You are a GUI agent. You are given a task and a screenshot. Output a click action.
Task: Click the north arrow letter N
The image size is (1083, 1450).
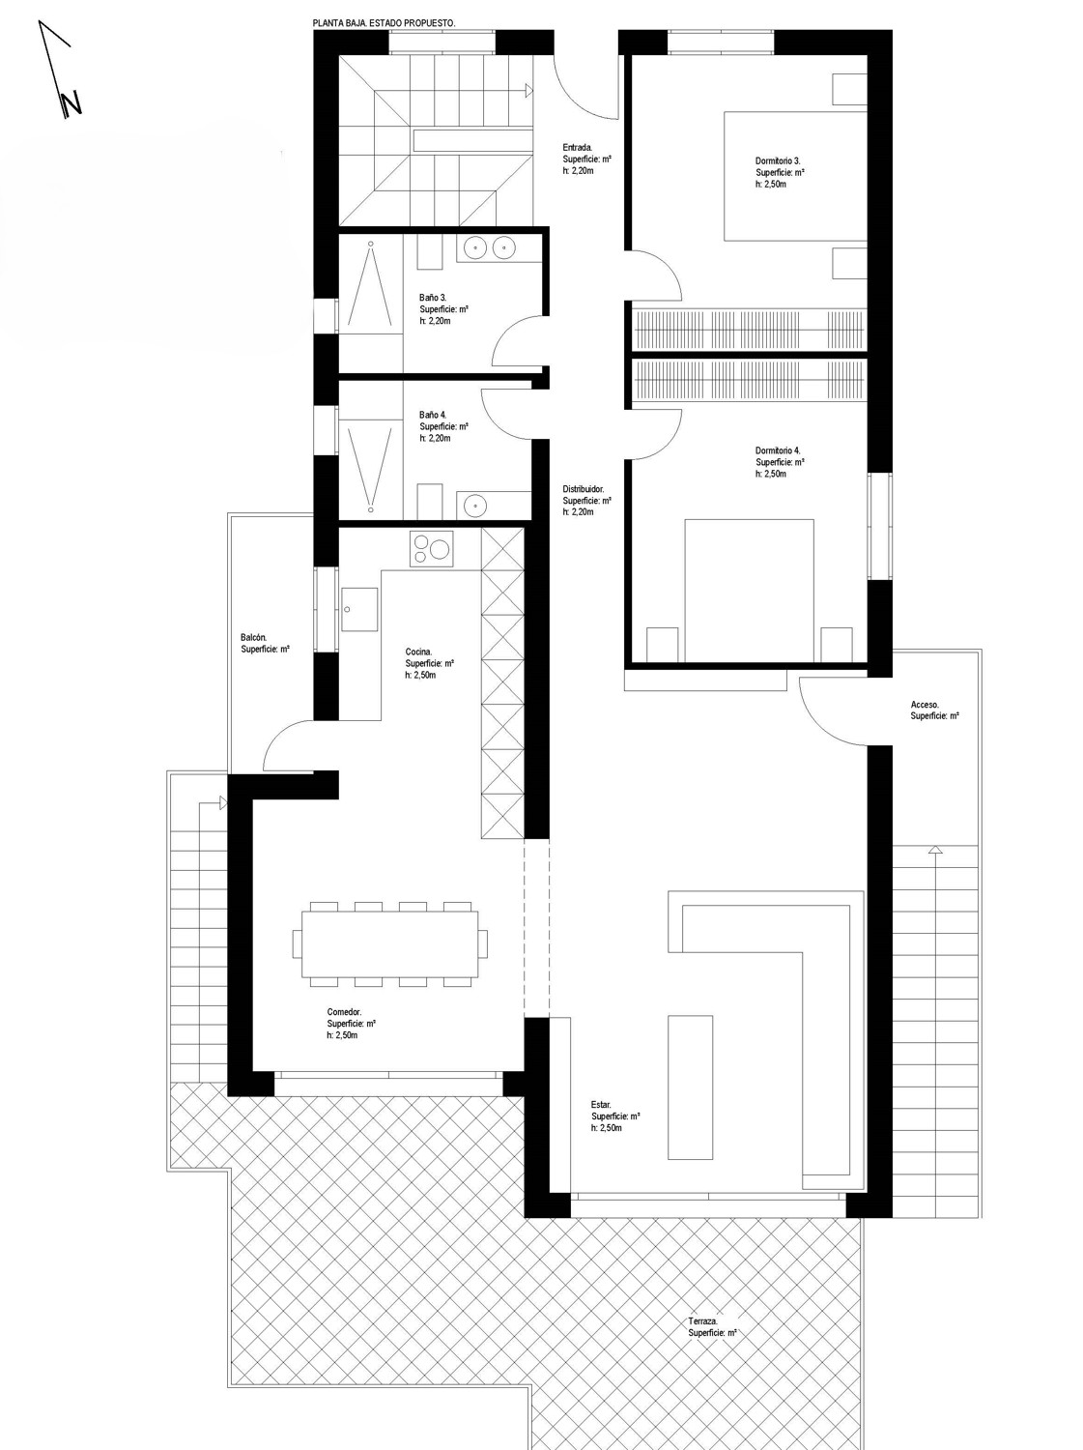coord(71,104)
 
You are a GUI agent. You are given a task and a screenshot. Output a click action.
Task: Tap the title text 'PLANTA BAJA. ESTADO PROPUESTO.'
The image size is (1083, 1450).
coord(385,23)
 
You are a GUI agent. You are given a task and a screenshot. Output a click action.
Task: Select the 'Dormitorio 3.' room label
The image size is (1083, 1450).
coord(778,160)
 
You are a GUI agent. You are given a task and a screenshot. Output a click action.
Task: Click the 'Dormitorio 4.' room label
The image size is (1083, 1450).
coord(778,450)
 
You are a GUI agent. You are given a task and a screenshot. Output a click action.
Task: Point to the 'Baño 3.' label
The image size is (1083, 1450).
coord(433,298)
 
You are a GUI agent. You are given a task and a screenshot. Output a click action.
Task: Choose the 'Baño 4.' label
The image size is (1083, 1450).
coord(433,415)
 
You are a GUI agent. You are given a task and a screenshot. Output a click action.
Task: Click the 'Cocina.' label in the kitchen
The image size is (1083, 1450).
coord(418,652)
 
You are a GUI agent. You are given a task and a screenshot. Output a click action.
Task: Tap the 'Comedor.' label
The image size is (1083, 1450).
coord(345,1012)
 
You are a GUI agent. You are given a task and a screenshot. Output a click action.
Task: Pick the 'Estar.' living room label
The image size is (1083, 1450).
coord(601,1105)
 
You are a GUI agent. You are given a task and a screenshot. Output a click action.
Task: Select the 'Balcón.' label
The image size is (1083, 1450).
coord(253,637)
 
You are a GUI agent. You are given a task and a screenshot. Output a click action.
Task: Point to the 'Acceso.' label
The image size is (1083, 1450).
coord(925,705)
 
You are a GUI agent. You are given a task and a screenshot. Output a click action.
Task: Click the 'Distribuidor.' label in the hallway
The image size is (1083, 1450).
coord(584,489)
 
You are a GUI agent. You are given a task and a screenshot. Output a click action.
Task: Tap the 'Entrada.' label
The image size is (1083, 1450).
coord(578,147)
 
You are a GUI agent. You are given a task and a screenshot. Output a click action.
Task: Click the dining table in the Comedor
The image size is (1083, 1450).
coord(390,944)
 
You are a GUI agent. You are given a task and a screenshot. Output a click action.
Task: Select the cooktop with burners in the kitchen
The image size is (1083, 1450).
coord(432,549)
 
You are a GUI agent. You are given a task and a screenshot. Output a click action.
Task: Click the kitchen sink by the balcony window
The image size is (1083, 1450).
coord(359,609)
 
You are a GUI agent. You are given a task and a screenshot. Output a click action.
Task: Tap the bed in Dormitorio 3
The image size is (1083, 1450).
coord(794,176)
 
